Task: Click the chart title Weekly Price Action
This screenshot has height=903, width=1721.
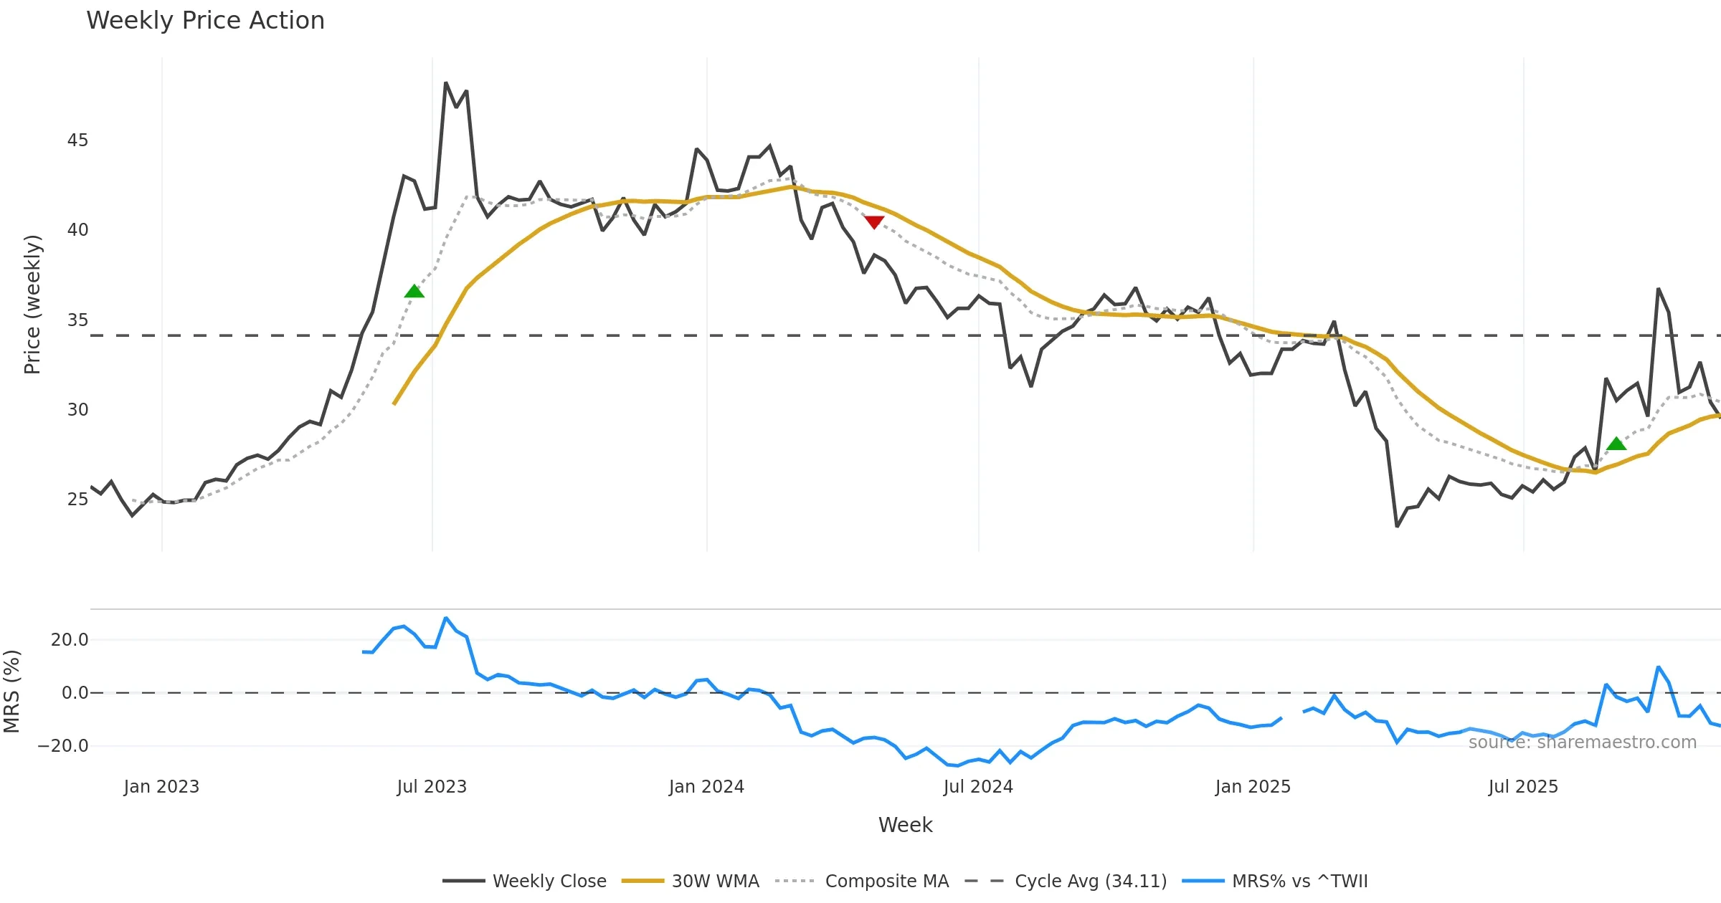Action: tap(205, 21)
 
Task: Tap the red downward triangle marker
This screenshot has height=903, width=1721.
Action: tap(873, 222)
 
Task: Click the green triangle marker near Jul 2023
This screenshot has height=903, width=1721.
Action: tap(414, 291)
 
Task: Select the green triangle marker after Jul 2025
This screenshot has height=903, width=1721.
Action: tap(1616, 444)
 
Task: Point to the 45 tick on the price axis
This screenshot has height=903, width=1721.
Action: tap(77, 140)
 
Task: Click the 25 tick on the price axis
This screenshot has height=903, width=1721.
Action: tap(77, 500)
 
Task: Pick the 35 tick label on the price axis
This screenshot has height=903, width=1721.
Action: tap(77, 320)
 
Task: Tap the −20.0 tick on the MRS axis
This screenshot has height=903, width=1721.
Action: tap(63, 746)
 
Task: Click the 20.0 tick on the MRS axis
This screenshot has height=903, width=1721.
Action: tap(70, 640)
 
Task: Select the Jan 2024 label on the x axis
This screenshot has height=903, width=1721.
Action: tap(706, 787)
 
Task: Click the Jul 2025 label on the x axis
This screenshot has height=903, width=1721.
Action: tap(1523, 787)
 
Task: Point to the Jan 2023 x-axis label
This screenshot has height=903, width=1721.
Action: tap(161, 787)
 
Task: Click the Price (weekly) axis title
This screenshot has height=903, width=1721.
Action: tap(33, 305)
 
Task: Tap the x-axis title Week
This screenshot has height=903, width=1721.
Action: tap(905, 826)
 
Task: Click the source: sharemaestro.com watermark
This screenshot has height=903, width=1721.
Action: tap(1582, 742)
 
